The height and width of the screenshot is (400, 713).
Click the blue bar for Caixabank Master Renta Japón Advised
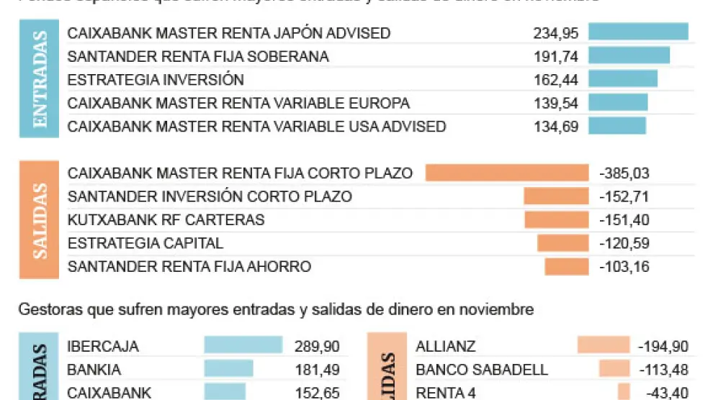point(638,32)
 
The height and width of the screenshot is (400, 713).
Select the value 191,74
point(555,56)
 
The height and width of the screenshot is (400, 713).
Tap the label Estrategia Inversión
point(156,80)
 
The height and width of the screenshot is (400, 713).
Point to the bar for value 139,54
point(618,103)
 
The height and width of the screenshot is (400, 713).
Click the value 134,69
point(555,127)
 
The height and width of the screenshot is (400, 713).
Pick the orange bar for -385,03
point(507,173)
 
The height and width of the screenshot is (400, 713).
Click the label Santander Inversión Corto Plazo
point(210,196)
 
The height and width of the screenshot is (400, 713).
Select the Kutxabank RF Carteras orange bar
point(556,219)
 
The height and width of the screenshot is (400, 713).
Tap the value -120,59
point(624,243)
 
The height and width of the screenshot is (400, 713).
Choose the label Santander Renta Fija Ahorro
point(189,267)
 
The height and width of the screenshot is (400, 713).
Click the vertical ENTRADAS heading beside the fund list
point(40,79)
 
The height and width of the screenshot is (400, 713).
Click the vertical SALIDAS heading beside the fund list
point(40,220)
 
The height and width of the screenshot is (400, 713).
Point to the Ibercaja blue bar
point(243,346)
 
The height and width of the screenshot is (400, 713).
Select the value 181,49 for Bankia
point(317,370)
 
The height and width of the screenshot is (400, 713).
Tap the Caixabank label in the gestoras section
point(109,393)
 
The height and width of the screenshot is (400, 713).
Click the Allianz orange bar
point(603,346)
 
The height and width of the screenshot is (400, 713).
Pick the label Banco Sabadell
point(482,370)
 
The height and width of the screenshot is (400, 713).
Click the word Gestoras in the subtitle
point(45,310)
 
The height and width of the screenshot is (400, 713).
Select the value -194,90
point(663,346)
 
